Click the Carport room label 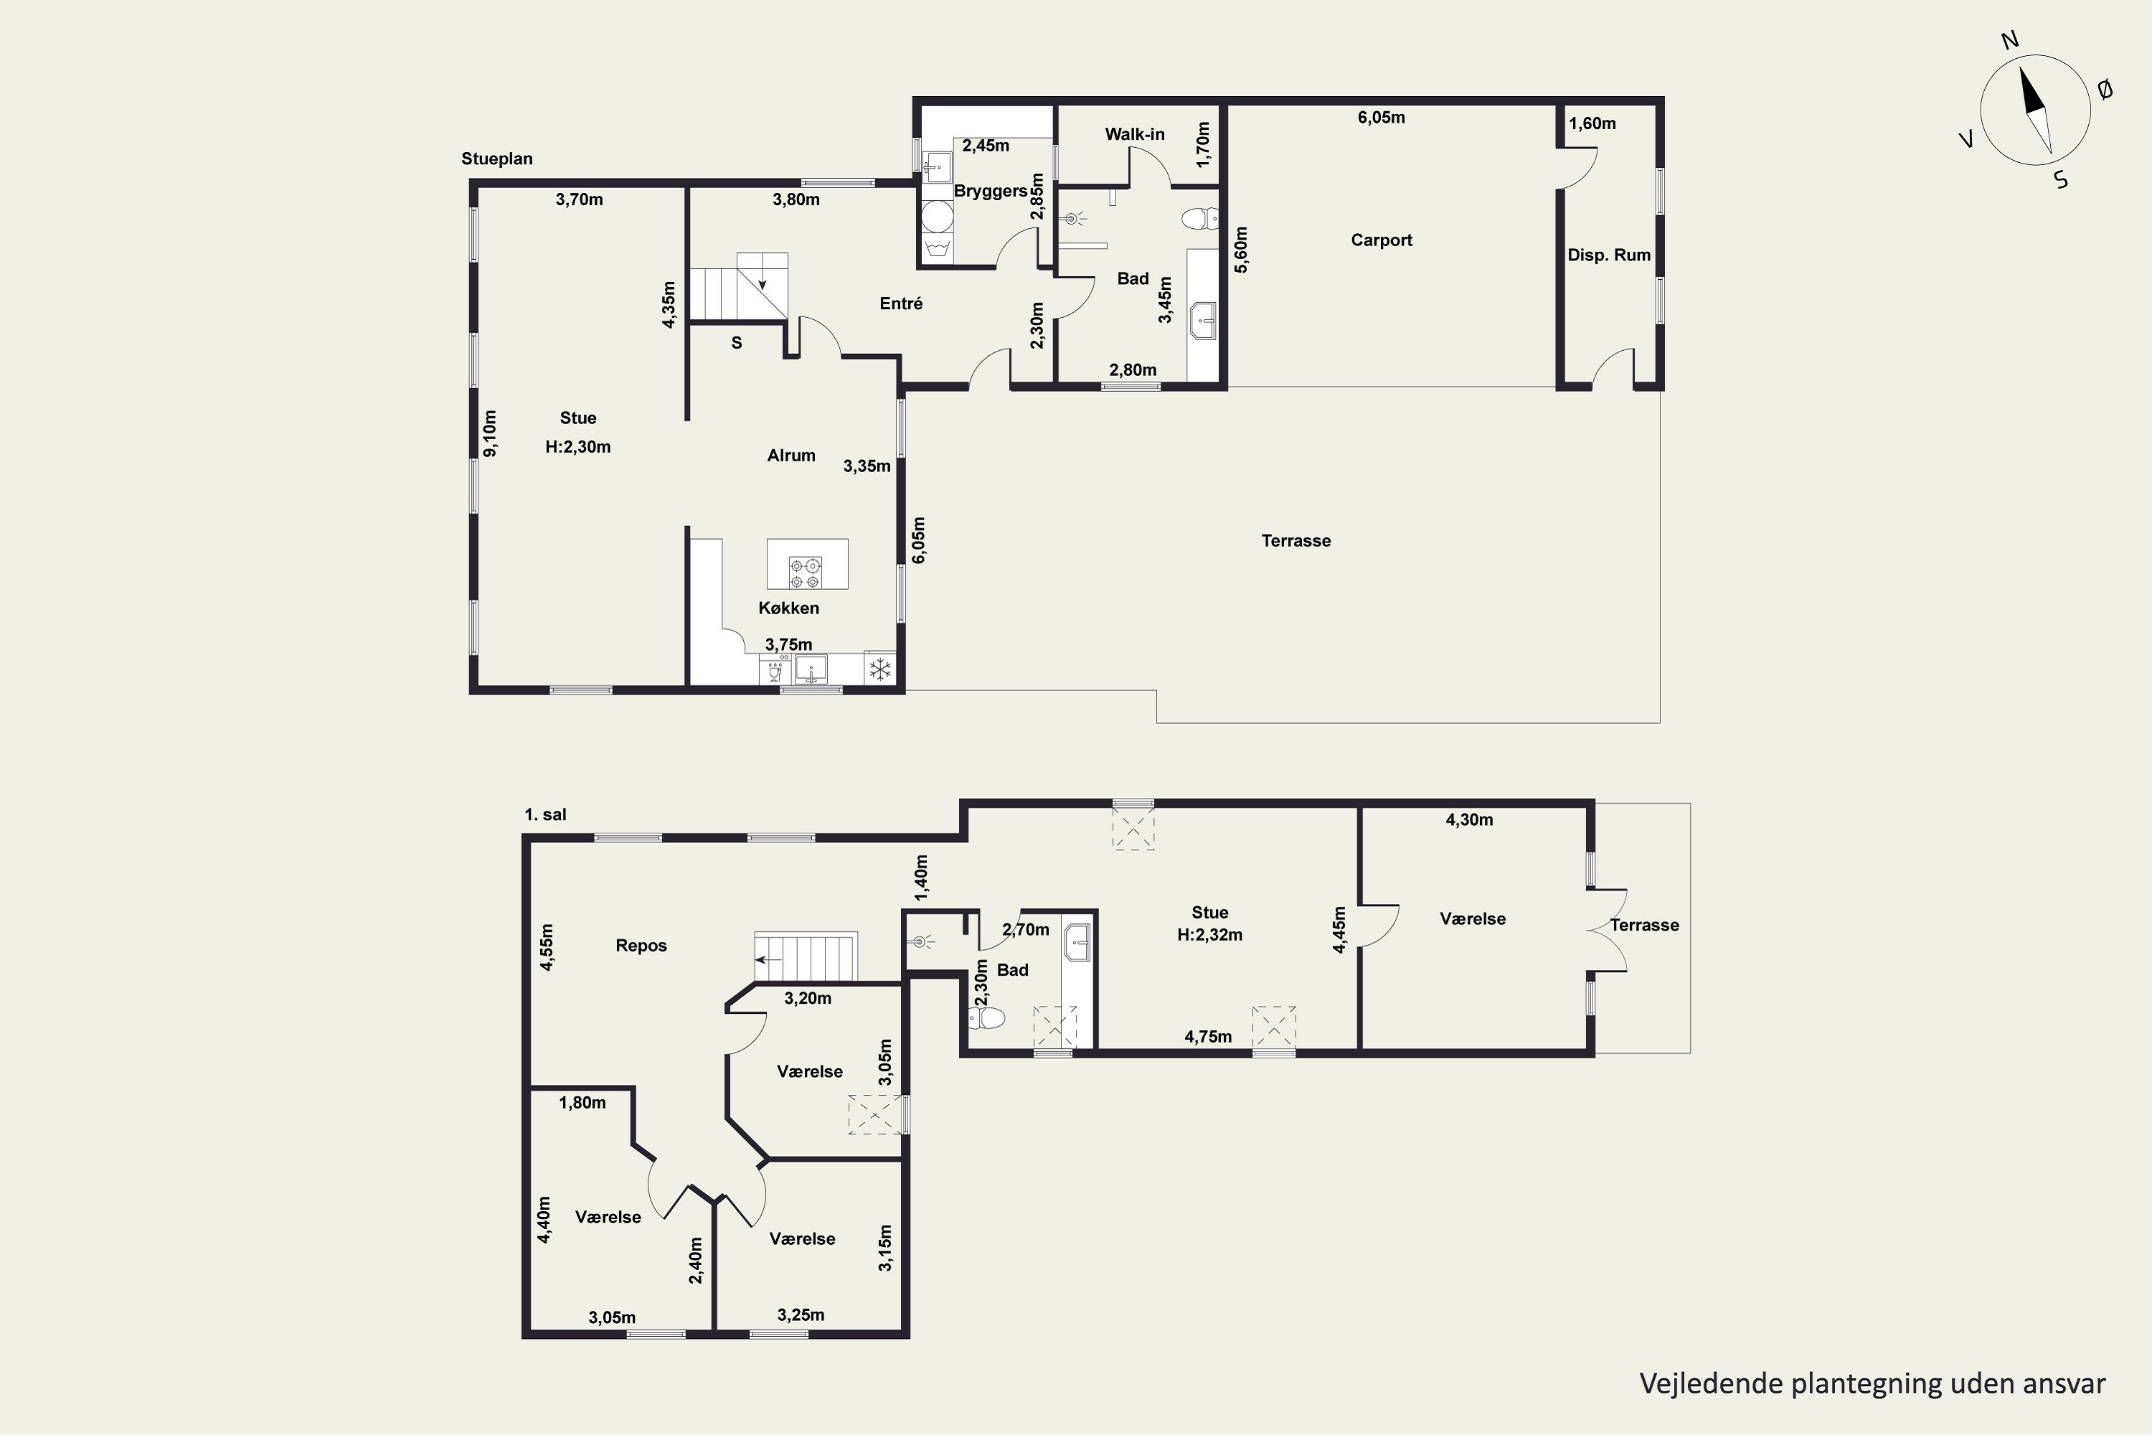click(x=1382, y=240)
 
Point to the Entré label click(x=901, y=303)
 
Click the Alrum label click(x=791, y=455)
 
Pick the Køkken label click(x=788, y=608)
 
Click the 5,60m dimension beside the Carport click(x=1241, y=250)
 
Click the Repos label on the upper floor click(x=641, y=946)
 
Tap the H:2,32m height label click(x=1209, y=934)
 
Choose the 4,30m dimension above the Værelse click(x=1469, y=820)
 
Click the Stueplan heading click(x=497, y=159)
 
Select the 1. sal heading click(x=545, y=814)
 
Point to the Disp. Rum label click(x=1610, y=255)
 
